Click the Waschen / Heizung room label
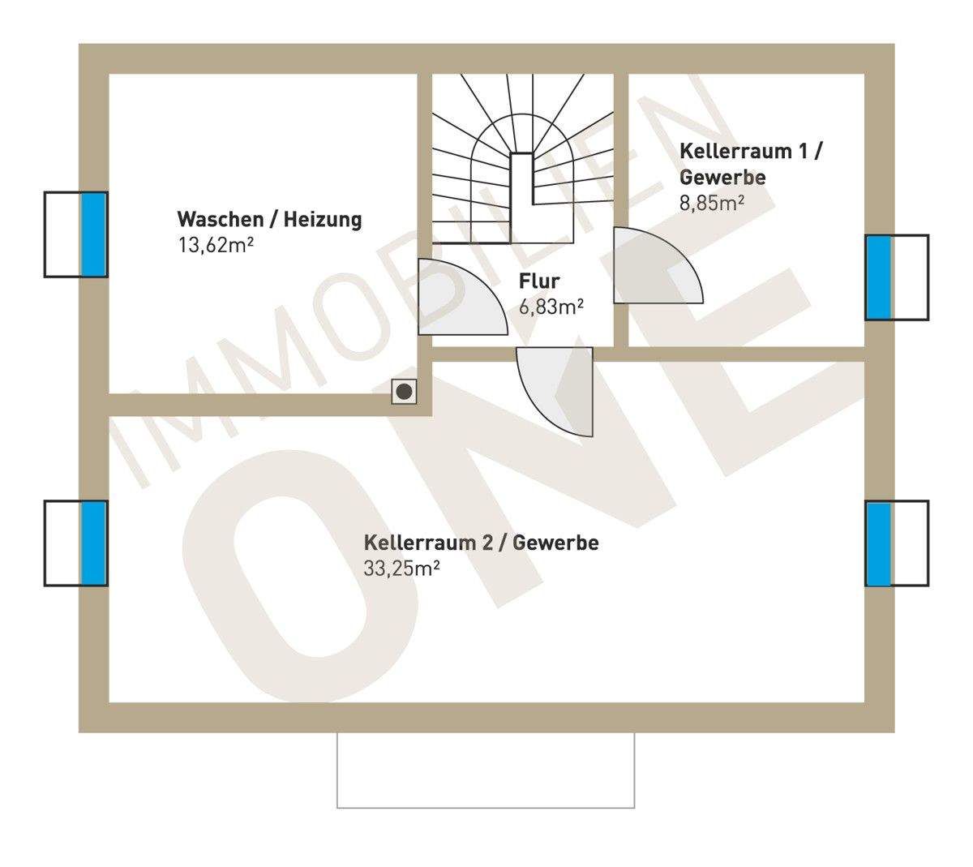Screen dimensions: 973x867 (269, 220)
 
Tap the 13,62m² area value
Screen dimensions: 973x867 (216, 245)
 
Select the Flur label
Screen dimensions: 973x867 (539, 282)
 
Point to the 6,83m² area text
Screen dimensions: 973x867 (551, 307)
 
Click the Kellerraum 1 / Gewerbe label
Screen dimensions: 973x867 (750, 164)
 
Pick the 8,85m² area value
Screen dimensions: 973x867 (712, 203)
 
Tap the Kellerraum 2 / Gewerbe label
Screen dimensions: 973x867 (481, 543)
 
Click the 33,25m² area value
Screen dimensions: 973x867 (401, 568)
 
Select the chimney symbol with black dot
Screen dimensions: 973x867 (404, 393)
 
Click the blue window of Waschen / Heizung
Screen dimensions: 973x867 (94, 234)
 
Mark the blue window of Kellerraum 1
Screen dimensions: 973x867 (878, 277)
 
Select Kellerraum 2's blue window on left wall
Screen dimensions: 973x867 (94, 543)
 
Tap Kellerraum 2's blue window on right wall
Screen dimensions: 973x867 (878, 543)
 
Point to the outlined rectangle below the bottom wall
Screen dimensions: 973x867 (486, 770)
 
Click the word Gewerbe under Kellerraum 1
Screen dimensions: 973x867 (722, 178)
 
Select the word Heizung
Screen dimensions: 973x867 (322, 220)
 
